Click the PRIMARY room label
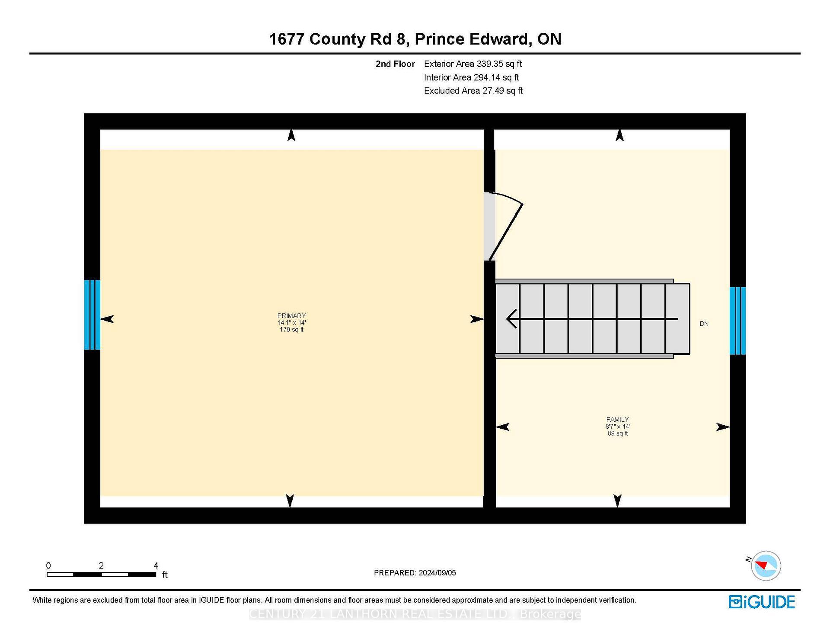click(x=291, y=316)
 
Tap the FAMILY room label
click(x=617, y=420)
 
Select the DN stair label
click(x=704, y=324)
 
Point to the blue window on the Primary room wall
click(x=92, y=315)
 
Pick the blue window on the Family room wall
click(x=737, y=321)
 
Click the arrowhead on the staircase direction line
click(x=512, y=319)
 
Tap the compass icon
click(x=766, y=566)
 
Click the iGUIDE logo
click(x=762, y=602)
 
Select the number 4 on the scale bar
click(x=156, y=566)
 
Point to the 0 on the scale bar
click(x=48, y=566)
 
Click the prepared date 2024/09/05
click(x=437, y=573)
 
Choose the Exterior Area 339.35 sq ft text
click(x=472, y=64)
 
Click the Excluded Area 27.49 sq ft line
click(x=473, y=91)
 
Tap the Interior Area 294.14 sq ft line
click(x=471, y=77)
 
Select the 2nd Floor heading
click(x=395, y=64)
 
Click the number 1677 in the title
click(x=287, y=39)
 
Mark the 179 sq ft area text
click(x=291, y=330)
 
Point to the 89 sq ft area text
click(x=617, y=433)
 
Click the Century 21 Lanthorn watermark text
click(x=415, y=614)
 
